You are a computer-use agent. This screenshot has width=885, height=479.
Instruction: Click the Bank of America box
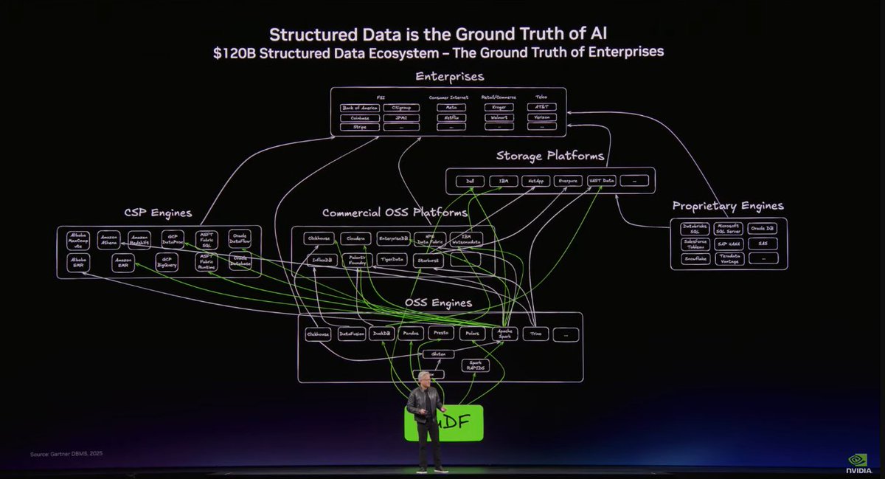(x=359, y=108)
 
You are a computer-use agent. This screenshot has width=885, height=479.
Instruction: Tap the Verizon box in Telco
(x=543, y=117)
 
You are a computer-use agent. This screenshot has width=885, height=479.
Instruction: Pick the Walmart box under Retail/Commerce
(x=499, y=117)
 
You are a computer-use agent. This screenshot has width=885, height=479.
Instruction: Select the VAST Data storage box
(x=601, y=181)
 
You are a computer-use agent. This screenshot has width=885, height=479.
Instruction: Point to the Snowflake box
(x=695, y=258)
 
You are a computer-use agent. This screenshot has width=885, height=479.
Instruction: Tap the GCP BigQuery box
(x=167, y=262)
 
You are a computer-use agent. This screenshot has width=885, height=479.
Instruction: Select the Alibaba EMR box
(x=79, y=262)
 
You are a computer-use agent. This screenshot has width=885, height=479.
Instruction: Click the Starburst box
(x=427, y=260)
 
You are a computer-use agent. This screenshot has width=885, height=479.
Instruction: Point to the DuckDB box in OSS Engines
(x=383, y=334)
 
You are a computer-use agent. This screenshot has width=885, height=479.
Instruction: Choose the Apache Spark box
(x=507, y=334)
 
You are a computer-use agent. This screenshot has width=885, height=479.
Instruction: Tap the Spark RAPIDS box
(x=475, y=365)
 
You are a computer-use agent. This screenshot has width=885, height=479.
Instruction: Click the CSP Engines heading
(x=159, y=213)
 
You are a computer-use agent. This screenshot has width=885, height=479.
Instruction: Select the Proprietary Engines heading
(x=728, y=206)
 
